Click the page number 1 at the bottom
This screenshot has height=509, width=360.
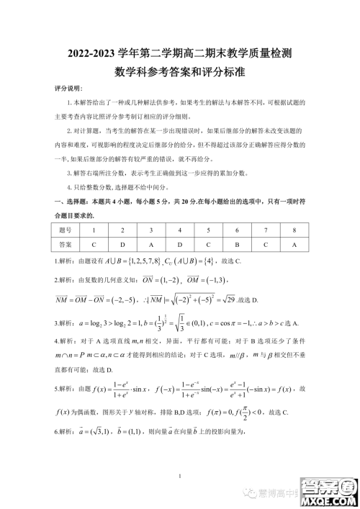[x=179, y=476]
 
